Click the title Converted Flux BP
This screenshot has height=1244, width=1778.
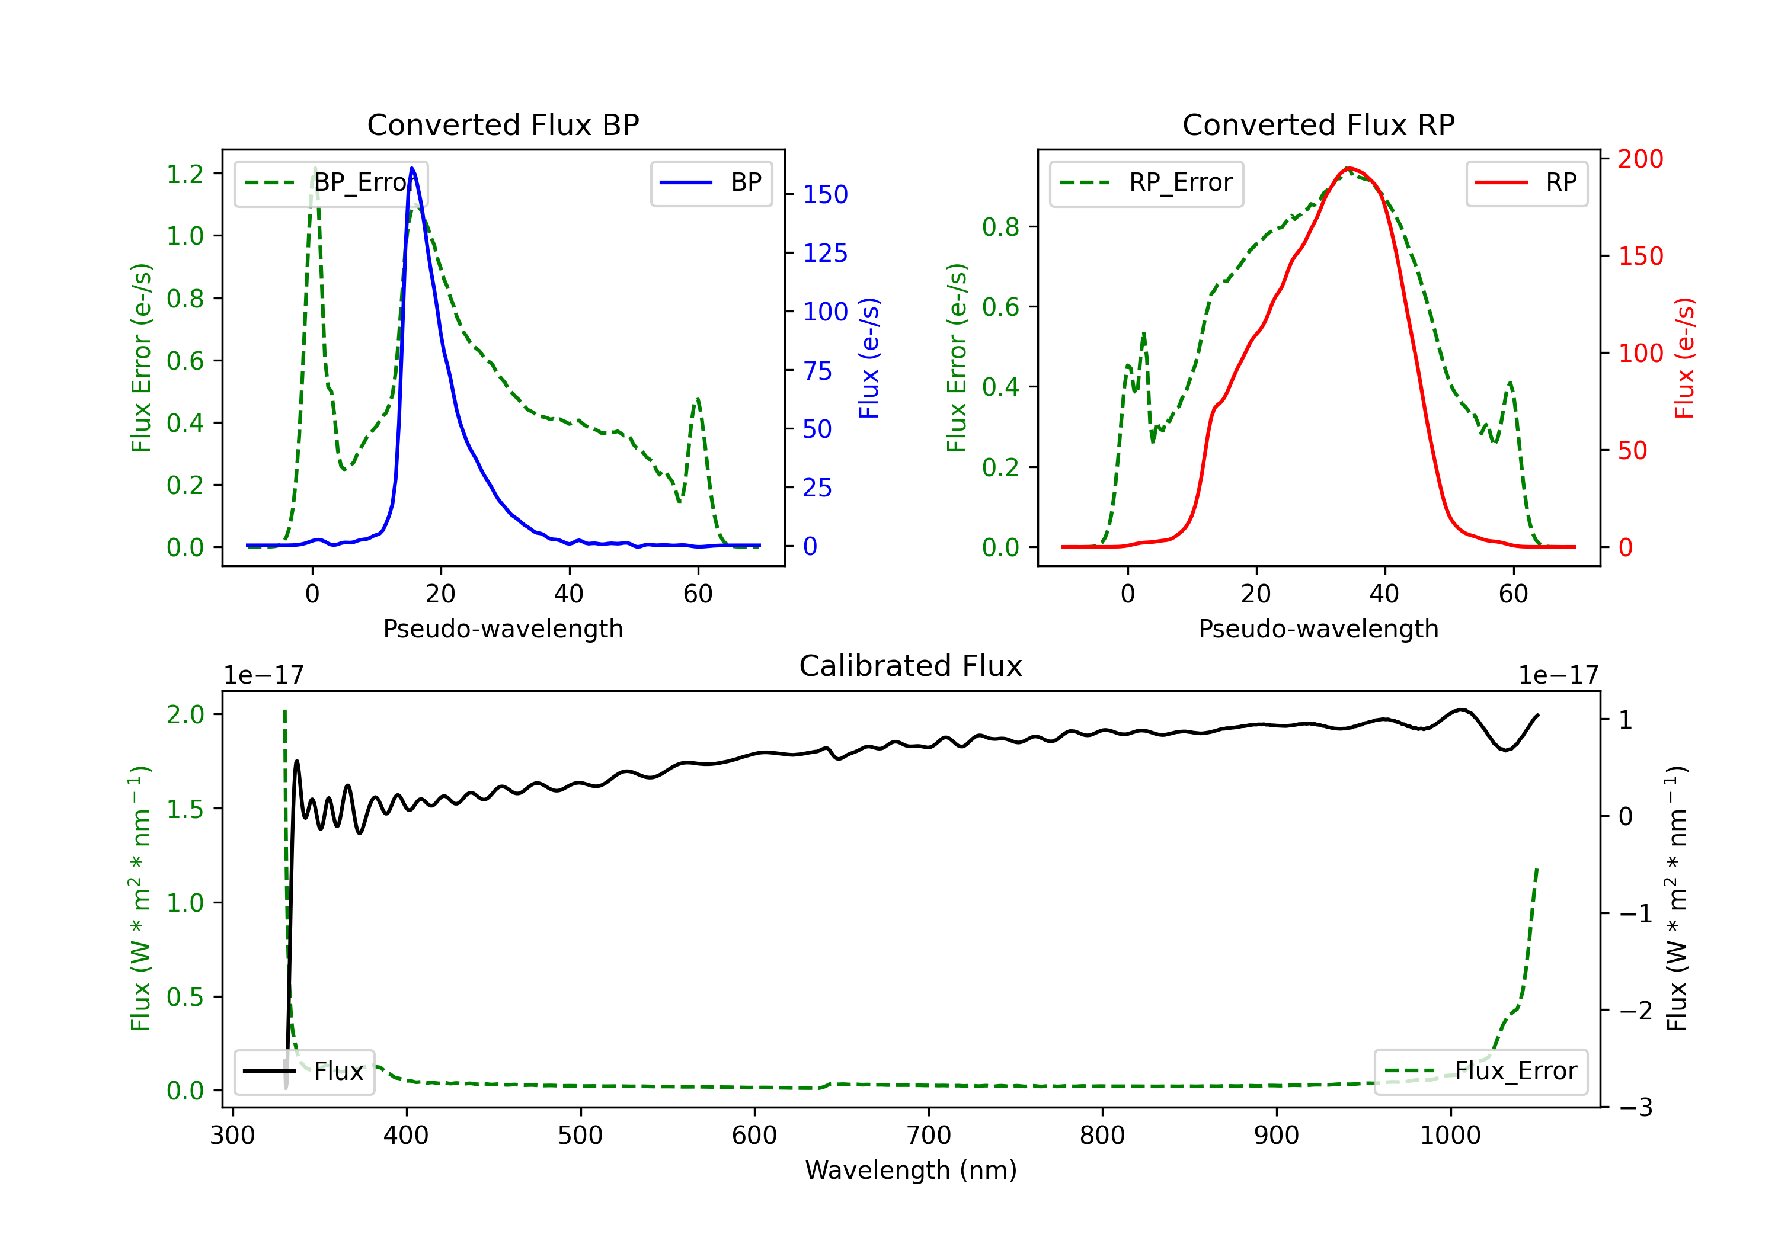503,124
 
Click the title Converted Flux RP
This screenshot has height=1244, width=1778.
1318,124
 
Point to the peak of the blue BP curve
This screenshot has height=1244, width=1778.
412,168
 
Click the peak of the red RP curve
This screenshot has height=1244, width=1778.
1348,168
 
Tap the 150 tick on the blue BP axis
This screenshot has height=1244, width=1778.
825,194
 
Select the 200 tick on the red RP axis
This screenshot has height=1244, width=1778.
1640,159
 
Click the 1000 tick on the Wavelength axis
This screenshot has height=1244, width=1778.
1450,1136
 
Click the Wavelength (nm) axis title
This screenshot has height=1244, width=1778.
911,1170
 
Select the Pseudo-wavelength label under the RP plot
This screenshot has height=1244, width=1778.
1318,629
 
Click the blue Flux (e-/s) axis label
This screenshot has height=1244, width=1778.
869,358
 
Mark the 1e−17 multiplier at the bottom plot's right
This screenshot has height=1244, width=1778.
1558,675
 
